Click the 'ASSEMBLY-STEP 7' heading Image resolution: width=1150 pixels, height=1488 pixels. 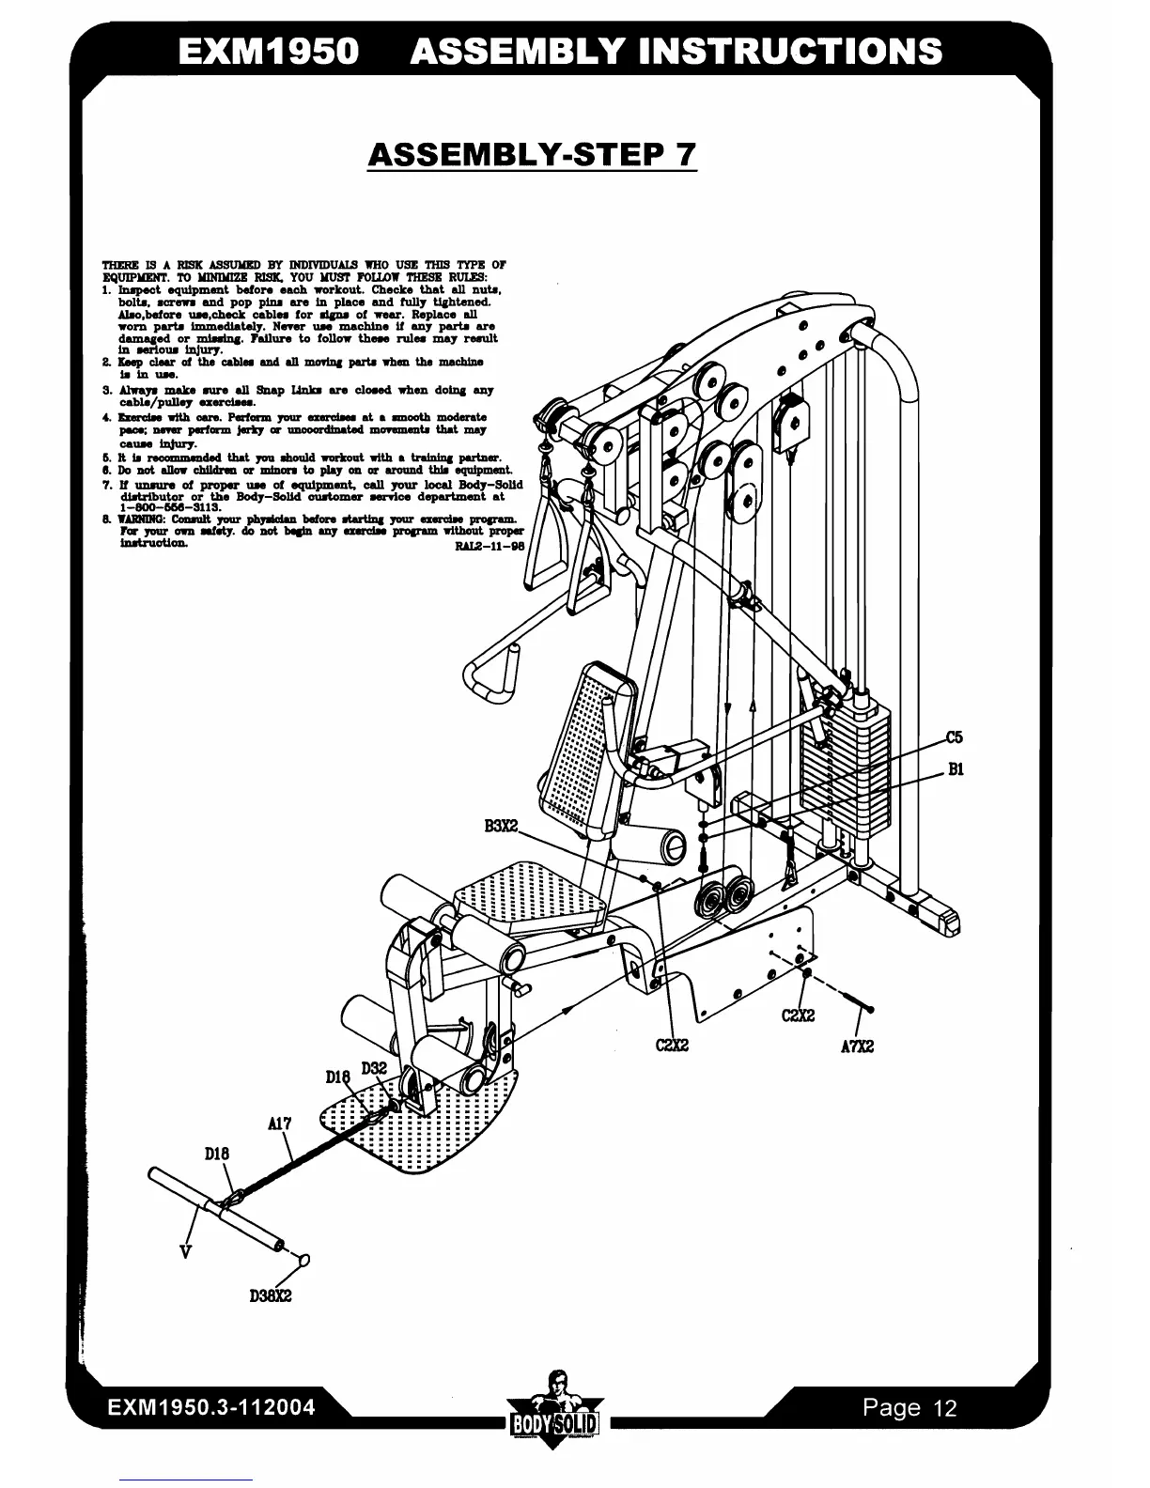(x=532, y=154)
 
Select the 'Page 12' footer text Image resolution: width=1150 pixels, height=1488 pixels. (x=909, y=1407)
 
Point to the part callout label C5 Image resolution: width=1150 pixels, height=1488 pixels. (x=954, y=736)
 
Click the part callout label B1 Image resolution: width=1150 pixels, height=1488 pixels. (x=955, y=769)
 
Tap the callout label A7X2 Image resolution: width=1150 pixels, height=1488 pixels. (x=857, y=1046)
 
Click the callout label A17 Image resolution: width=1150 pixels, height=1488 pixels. (x=279, y=1123)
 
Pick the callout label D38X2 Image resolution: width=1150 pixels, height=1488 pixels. (x=271, y=1296)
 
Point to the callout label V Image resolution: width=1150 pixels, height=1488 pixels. (x=186, y=1251)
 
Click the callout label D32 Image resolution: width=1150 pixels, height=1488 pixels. (x=374, y=1068)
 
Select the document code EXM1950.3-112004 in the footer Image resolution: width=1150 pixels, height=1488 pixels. (x=210, y=1407)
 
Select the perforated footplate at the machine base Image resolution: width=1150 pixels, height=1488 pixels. (x=423, y=1118)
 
